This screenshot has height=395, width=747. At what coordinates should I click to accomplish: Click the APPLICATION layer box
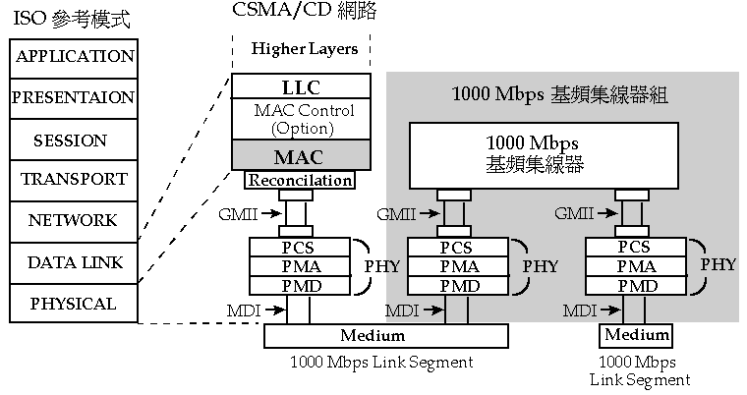point(74,56)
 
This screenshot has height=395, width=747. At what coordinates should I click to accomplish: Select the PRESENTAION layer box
point(74,97)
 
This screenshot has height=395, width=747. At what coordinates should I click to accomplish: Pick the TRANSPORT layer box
point(74,180)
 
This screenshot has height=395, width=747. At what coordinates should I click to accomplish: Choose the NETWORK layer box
point(74,221)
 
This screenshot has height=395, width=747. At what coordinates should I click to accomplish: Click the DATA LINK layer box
point(74,262)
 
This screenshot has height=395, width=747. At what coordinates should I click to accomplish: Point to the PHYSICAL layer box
point(74,304)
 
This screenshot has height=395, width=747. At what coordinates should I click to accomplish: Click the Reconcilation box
point(299,180)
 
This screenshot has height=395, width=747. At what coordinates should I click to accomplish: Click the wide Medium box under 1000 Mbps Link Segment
point(386,336)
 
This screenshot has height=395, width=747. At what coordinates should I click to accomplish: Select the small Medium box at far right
point(636,336)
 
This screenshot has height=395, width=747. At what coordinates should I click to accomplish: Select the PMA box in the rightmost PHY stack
point(635,265)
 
